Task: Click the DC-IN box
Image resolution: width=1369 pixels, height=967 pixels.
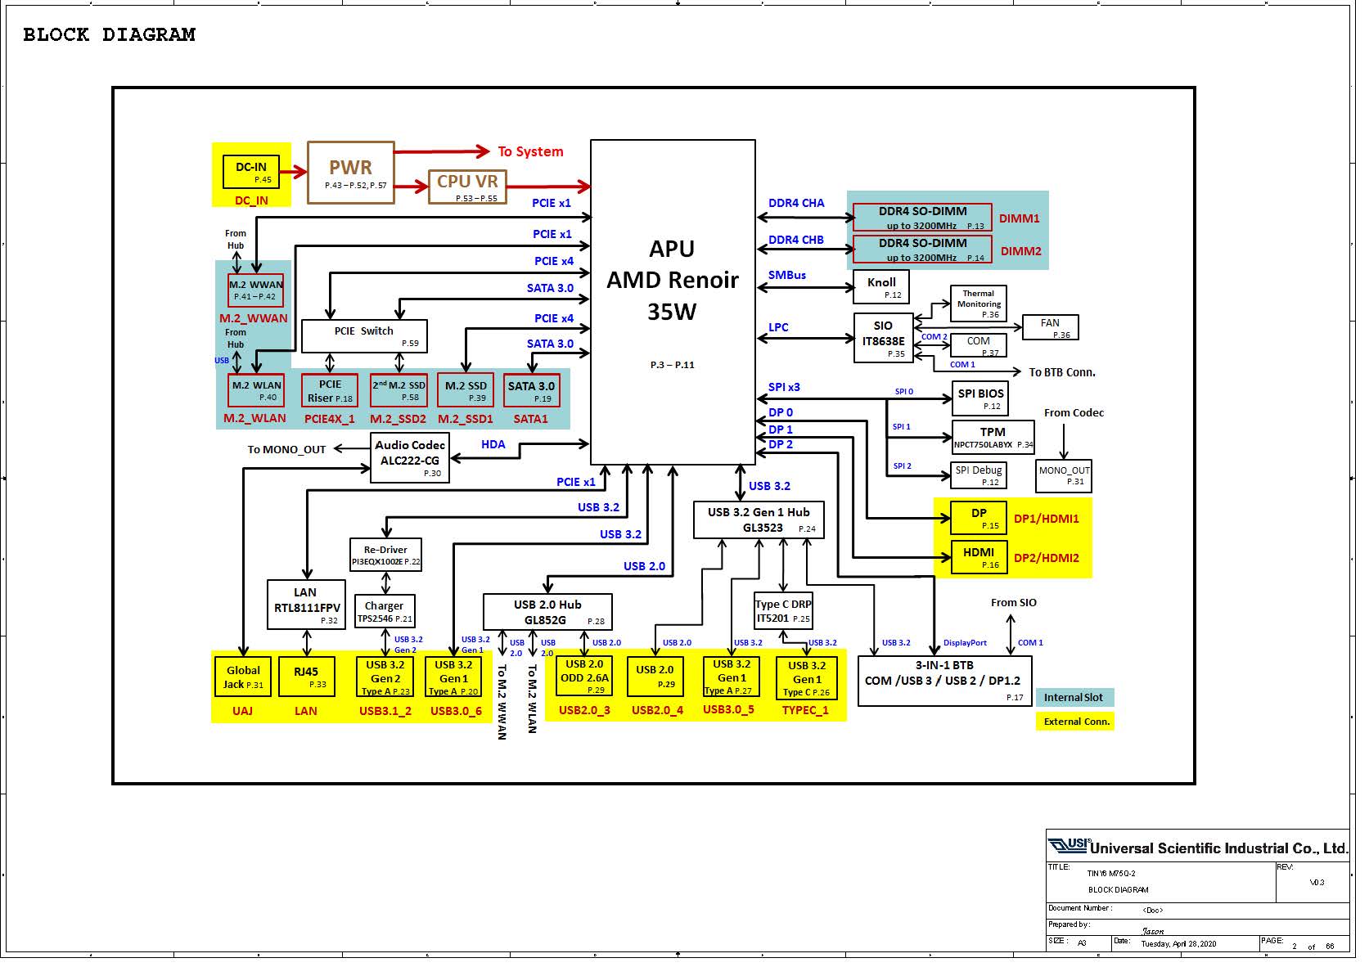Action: click(x=251, y=172)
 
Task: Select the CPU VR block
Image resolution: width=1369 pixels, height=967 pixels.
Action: click(x=467, y=187)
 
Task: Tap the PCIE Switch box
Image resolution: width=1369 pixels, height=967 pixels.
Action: click(x=364, y=336)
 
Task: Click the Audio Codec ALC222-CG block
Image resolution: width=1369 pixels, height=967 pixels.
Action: click(x=410, y=458)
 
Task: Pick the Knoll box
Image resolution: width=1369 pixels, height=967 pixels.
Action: click(x=881, y=287)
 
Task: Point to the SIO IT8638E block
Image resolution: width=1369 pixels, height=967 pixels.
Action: click(x=883, y=338)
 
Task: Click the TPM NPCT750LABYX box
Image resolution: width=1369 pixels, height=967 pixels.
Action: click(x=993, y=438)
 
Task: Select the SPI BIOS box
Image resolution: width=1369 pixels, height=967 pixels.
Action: click(x=979, y=398)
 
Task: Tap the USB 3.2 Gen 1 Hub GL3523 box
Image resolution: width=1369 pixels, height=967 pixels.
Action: click(x=759, y=519)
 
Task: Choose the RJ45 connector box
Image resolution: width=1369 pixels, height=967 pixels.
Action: click(x=307, y=677)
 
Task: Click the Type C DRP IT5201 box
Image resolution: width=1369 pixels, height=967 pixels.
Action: click(x=783, y=610)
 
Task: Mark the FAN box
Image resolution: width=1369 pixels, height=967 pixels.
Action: click(x=1051, y=327)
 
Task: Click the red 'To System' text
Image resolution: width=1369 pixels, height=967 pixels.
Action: click(x=530, y=151)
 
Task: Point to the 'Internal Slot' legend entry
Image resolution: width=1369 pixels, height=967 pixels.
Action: click(x=1074, y=697)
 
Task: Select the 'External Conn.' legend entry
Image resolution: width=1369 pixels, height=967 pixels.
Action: click(x=1074, y=722)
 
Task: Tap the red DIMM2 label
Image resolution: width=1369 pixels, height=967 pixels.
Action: click(x=1020, y=251)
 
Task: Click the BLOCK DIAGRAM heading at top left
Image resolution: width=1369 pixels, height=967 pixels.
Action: click(x=110, y=35)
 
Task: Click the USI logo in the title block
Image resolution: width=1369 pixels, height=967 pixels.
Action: click(x=1069, y=845)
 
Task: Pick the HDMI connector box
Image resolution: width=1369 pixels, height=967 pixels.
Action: click(x=979, y=557)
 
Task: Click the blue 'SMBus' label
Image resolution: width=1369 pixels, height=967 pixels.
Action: click(x=787, y=275)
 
